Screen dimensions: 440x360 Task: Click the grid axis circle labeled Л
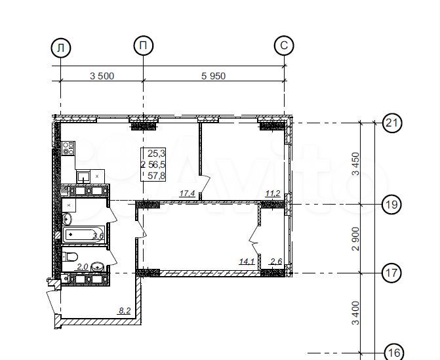[x=60, y=48]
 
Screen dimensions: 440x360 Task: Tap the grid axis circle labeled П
[x=144, y=45]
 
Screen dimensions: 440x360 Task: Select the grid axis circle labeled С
[x=284, y=45]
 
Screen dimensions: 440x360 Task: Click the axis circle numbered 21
[x=392, y=123]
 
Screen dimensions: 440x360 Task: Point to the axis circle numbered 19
[x=392, y=205]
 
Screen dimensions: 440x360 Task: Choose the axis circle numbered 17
[x=392, y=273]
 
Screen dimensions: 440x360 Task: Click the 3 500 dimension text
[x=102, y=76]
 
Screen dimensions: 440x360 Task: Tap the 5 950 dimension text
[x=213, y=76]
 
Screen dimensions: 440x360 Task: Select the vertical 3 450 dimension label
[x=355, y=163]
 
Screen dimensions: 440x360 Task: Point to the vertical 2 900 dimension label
[x=355, y=239]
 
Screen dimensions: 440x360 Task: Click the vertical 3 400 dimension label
[x=355, y=313]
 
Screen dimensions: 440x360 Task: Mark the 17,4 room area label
[x=187, y=193]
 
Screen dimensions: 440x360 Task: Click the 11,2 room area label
[x=273, y=193]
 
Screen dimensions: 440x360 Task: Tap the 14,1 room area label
[x=247, y=262]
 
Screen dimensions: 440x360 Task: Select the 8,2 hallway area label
[x=125, y=311]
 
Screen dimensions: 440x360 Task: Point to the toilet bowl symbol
[x=70, y=256]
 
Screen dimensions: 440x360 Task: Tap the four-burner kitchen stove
[x=68, y=148]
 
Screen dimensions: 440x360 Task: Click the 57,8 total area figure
[x=157, y=176]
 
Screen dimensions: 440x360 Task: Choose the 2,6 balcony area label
[x=276, y=262]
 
